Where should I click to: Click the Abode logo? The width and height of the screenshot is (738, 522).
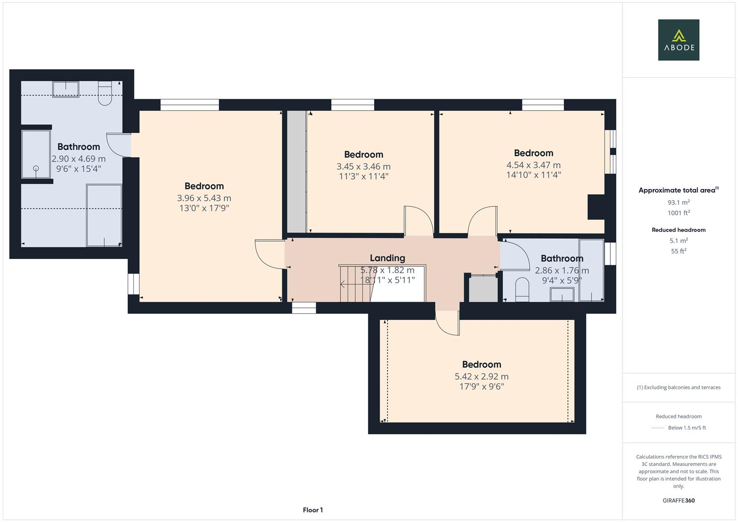678,40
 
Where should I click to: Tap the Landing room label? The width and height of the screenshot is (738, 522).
387,258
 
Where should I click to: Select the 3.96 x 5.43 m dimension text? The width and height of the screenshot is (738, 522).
204,198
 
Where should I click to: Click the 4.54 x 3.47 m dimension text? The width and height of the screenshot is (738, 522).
533,165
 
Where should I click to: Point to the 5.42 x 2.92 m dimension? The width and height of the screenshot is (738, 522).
481,377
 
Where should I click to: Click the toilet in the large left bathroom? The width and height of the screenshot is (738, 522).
105,93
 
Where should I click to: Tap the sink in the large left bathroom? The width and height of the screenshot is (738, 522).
66,89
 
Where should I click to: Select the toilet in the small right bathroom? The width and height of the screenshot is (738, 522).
522,290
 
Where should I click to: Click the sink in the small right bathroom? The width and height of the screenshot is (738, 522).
562,294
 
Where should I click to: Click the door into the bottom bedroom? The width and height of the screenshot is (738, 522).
447,322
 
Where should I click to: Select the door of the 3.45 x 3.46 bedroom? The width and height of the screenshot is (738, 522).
418,221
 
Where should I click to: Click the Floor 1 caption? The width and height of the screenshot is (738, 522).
313,510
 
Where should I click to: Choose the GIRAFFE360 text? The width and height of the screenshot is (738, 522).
678,500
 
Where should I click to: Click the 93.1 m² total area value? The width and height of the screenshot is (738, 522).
678,203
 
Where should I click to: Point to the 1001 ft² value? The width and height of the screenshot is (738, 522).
678,213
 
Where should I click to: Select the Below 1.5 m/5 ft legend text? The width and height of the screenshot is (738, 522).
686,428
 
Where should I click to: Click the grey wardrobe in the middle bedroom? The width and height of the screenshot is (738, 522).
297,172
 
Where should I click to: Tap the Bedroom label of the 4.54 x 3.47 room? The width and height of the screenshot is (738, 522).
533,153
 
